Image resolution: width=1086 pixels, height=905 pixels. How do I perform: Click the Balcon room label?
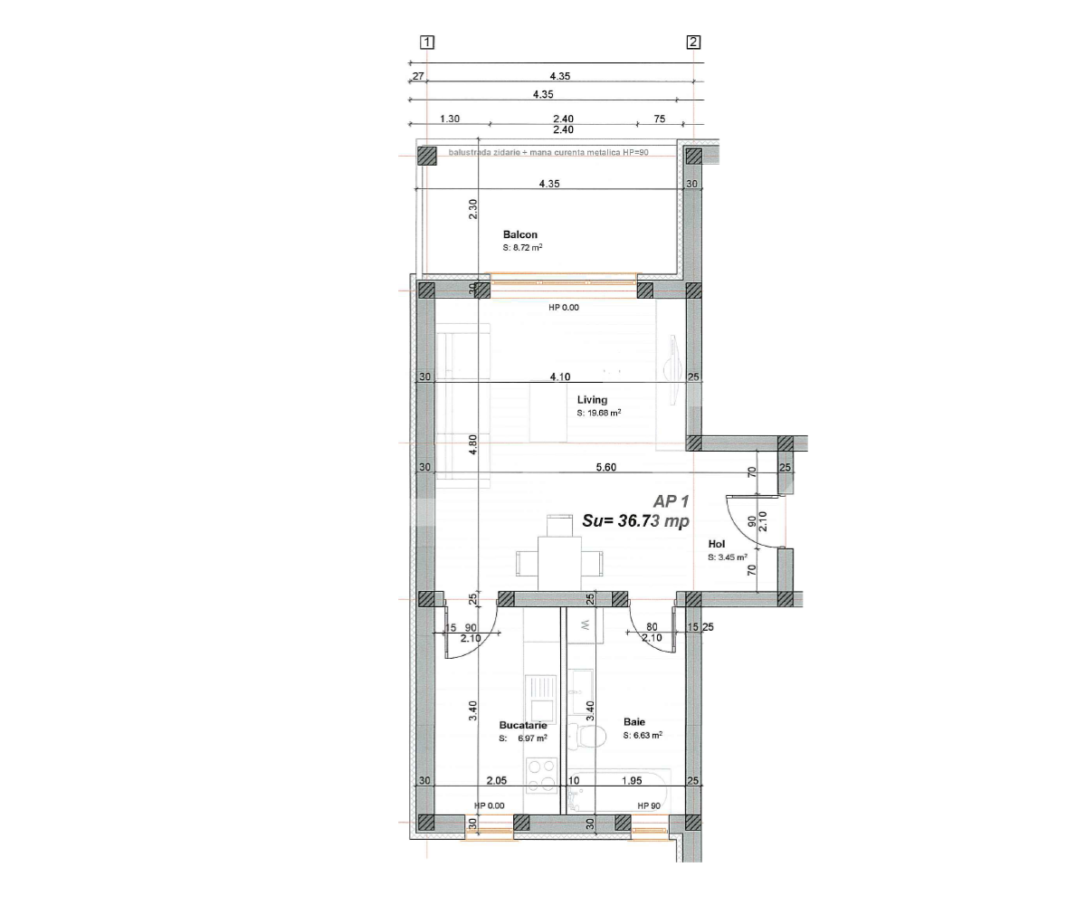click(520, 234)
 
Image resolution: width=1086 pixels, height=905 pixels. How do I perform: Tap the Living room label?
click(592, 399)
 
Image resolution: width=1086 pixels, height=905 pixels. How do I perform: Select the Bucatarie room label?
click(523, 725)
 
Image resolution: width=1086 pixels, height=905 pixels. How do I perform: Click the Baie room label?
click(633, 722)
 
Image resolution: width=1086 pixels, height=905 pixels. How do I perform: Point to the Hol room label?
click(717, 544)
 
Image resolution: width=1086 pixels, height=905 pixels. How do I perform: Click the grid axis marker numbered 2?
click(693, 42)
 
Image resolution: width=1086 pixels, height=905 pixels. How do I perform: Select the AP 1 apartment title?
click(672, 500)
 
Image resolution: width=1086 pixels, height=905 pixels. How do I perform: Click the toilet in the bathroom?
click(591, 737)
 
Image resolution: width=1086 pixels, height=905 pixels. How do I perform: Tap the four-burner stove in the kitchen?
click(541, 774)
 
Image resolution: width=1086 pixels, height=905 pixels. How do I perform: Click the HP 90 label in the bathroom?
click(648, 805)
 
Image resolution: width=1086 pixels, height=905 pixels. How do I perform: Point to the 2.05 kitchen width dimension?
click(495, 780)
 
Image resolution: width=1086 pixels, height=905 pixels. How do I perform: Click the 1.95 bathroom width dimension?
click(631, 780)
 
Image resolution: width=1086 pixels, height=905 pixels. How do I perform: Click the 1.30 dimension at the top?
click(450, 119)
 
